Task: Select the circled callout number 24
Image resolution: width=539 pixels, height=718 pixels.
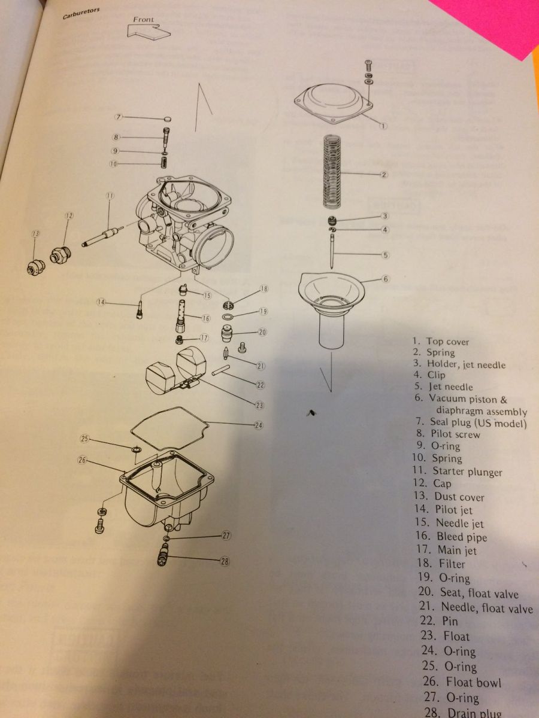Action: (259, 426)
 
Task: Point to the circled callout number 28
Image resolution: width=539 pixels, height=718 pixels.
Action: (225, 561)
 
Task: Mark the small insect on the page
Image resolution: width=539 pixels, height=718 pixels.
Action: (312, 412)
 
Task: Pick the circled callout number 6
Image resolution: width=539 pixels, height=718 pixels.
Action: (386, 279)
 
